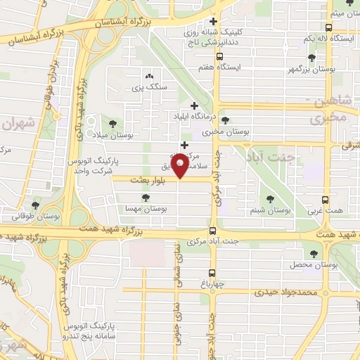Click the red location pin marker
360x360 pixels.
click(181, 165)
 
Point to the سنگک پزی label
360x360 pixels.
click(148, 88)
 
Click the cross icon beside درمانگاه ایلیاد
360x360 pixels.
click(195, 105)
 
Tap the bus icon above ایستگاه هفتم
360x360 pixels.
click(220, 57)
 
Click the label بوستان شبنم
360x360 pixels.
click(271, 210)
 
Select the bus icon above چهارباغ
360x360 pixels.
click(212, 274)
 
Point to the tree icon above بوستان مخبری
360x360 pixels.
click(225, 120)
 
